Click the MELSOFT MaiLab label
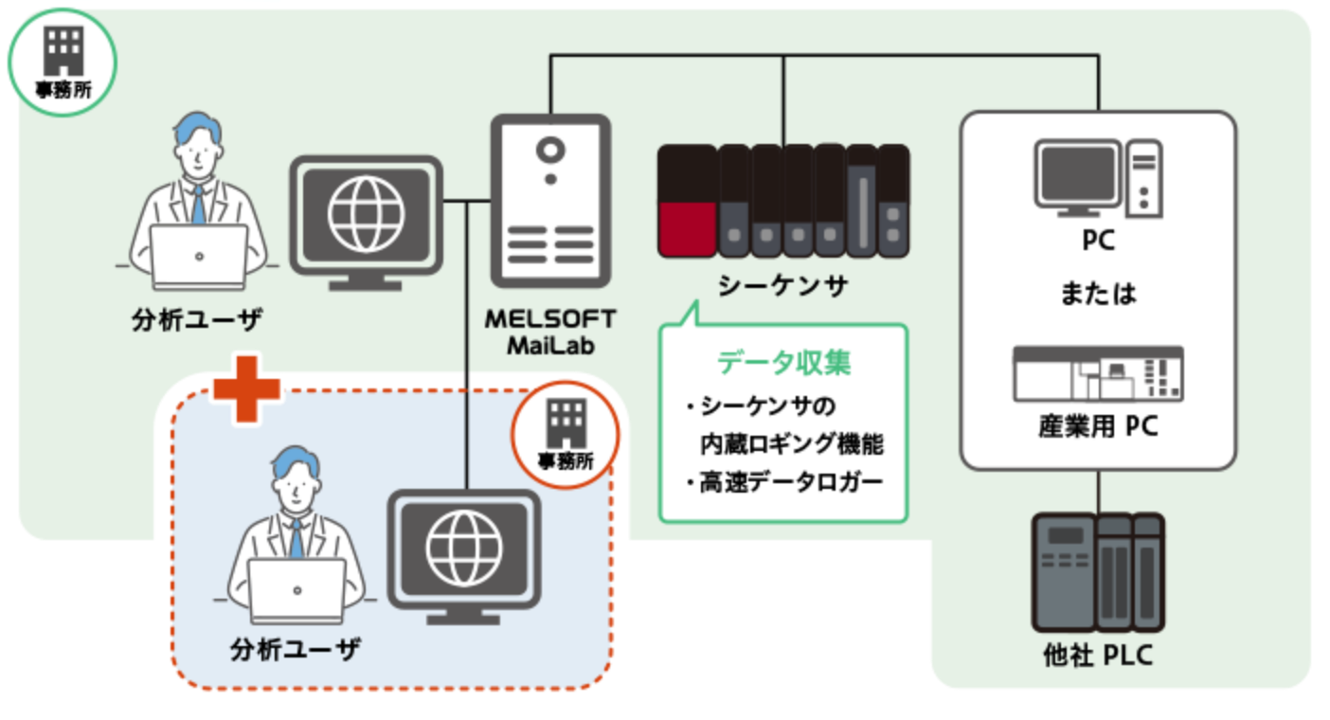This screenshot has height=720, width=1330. [x=549, y=332]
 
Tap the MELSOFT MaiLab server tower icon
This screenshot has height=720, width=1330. [x=549, y=201]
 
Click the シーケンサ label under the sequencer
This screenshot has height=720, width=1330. [x=782, y=285]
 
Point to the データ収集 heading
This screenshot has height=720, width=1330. [x=782, y=362]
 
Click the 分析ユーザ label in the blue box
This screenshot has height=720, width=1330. [x=296, y=650]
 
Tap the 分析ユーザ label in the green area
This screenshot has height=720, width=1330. [x=197, y=320]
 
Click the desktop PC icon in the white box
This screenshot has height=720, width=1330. [x=1098, y=178]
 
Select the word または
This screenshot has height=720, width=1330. [x=1098, y=295]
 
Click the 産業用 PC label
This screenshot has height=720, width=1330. [x=1098, y=427]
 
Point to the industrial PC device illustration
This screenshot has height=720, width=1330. [x=1098, y=373]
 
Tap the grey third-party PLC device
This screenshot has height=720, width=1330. [x=1098, y=572]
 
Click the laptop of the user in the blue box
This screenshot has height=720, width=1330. [x=297, y=589]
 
